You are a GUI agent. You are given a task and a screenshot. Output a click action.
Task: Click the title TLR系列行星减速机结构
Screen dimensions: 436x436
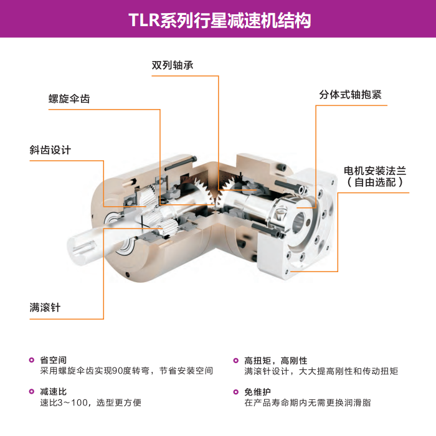220,20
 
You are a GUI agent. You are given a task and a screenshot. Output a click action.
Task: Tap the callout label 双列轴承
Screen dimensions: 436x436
173,65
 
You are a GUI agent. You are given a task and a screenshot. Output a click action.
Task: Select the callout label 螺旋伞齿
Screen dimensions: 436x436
69,98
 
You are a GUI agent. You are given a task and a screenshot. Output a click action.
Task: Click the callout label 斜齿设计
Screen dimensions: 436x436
50,150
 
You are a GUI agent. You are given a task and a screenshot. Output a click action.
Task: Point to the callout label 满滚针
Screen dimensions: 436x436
45,308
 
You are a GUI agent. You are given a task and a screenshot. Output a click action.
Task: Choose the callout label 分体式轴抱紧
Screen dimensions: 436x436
350,95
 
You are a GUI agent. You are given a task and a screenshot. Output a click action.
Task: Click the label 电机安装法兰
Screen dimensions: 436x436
375,171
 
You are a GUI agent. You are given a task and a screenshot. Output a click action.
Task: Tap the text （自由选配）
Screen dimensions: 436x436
375,182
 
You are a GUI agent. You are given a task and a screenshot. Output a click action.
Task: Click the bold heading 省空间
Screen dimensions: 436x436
54,360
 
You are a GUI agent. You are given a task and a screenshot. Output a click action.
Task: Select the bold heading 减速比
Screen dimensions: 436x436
54,392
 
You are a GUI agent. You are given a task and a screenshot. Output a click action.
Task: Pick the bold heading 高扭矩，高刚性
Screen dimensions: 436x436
276,361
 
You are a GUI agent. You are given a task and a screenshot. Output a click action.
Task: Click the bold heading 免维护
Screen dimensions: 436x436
257,392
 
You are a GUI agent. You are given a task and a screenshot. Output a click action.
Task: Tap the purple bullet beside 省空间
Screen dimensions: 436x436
32,360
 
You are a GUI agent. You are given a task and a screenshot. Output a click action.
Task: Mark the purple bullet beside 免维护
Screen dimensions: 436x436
236,392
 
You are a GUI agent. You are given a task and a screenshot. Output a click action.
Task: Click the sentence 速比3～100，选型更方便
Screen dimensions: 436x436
91,402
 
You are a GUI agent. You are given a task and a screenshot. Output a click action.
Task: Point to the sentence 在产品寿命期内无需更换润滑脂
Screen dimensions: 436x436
308,402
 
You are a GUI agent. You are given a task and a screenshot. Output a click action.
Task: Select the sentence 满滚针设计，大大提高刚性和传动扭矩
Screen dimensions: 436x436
321,371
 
